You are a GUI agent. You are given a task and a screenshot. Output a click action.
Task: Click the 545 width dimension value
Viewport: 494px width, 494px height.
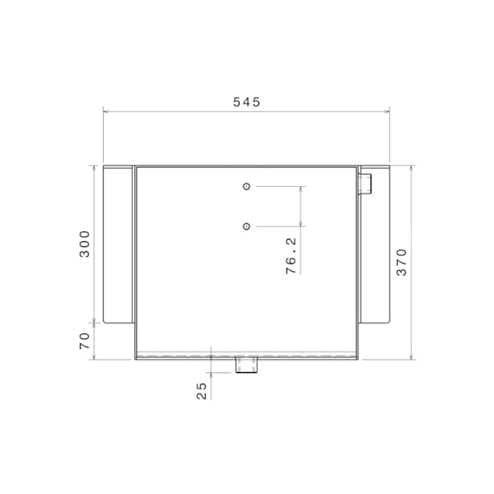pyautogui.click(x=246, y=102)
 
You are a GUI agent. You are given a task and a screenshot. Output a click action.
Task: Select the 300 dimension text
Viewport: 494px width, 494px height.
pyautogui.click(x=86, y=244)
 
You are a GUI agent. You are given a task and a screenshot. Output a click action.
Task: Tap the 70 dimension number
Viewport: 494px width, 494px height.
pyautogui.click(x=86, y=341)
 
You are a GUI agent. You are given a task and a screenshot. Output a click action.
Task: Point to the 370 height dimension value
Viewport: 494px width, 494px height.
pyautogui.click(x=402, y=263)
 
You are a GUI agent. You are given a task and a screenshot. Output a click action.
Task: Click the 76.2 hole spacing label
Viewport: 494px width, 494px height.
pyautogui.click(x=291, y=256)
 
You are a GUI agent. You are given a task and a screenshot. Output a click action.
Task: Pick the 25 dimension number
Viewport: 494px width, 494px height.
pyautogui.click(x=202, y=390)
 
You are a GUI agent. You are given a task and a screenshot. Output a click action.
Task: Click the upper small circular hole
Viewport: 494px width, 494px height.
pyautogui.click(x=246, y=187)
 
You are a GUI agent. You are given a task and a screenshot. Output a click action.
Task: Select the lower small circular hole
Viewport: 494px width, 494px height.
pyautogui.click(x=246, y=226)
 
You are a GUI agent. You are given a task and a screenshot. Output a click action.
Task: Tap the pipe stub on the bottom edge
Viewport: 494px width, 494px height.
pyautogui.click(x=246, y=365)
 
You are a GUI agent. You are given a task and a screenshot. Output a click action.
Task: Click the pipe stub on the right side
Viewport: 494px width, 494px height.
pyautogui.click(x=366, y=183)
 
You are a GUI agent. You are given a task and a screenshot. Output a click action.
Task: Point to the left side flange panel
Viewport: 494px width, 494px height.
pyautogui.click(x=117, y=244)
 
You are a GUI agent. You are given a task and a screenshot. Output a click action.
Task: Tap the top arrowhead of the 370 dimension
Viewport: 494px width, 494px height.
pyautogui.click(x=412, y=169)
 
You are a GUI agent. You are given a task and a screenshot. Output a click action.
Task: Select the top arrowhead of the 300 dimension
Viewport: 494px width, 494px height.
pyautogui.click(x=96, y=169)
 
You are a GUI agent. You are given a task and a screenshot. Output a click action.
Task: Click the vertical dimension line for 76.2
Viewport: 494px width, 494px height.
pyautogui.click(x=302, y=206)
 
